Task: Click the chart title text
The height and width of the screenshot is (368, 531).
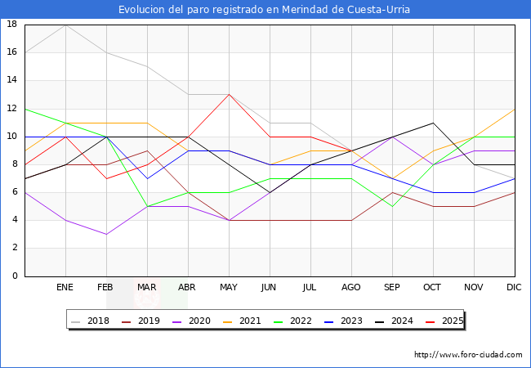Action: [x=265, y=10]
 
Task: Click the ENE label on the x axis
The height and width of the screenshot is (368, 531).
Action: [x=66, y=288]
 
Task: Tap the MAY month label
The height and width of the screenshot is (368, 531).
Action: [x=230, y=288]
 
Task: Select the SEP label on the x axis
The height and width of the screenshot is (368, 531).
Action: [x=392, y=288]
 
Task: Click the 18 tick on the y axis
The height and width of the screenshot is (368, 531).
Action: [x=12, y=25]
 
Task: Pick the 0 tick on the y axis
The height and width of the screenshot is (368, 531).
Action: [x=16, y=276]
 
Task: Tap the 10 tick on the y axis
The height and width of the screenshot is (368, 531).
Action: [x=12, y=137]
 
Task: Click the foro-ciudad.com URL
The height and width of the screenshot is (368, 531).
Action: [x=468, y=355]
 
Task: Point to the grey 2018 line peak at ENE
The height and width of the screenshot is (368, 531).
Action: [x=66, y=25]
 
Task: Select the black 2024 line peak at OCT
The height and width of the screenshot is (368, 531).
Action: [x=433, y=123]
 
